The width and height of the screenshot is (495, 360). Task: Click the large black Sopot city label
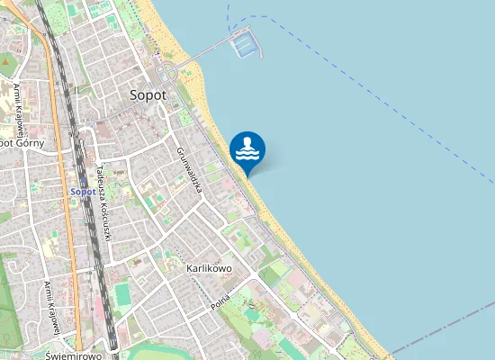(x=148, y=94)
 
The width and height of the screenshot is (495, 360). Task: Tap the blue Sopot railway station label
(x=83, y=192)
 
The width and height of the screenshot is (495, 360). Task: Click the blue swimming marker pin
(x=247, y=150)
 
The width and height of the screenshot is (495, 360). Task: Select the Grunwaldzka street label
(x=188, y=171)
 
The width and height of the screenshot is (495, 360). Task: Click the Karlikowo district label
(x=209, y=268)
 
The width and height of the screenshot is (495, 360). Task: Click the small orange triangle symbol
(x=6, y=62)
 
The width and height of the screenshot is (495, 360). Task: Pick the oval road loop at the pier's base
(x=166, y=72)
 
